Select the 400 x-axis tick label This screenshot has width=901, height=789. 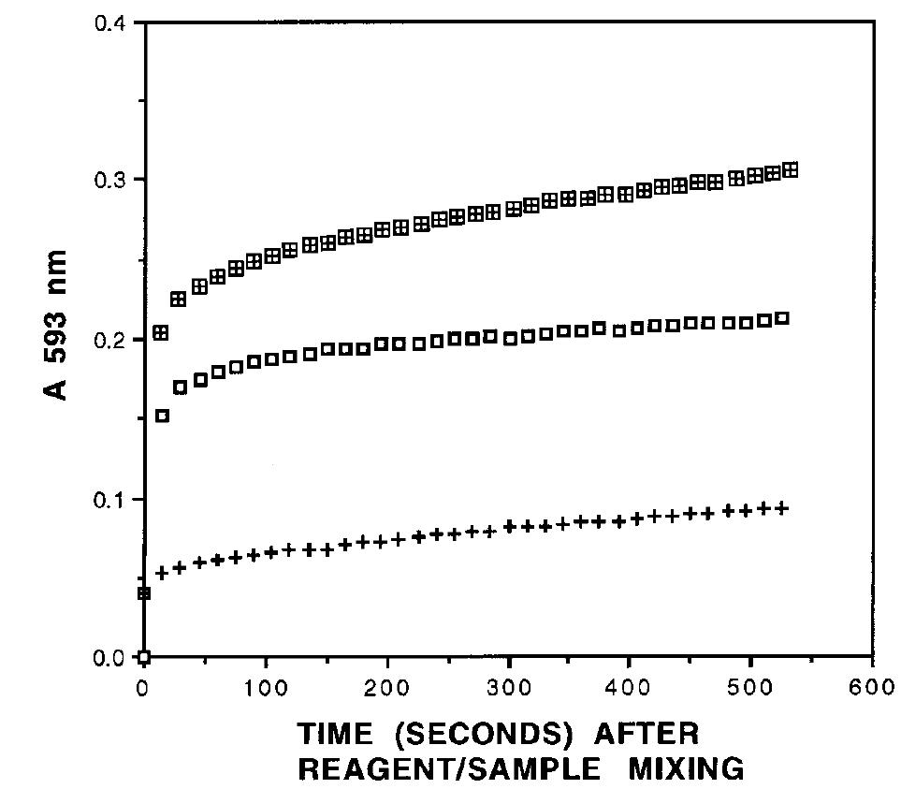pyautogui.click(x=630, y=687)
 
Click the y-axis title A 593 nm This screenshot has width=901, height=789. pyautogui.click(x=58, y=325)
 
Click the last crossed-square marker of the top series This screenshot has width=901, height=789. pyautogui.click(x=791, y=169)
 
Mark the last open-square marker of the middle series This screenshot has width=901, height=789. pyautogui.click(x=782, y=318)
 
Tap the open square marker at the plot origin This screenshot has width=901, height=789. pyautogui.click(x=144, y=656)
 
